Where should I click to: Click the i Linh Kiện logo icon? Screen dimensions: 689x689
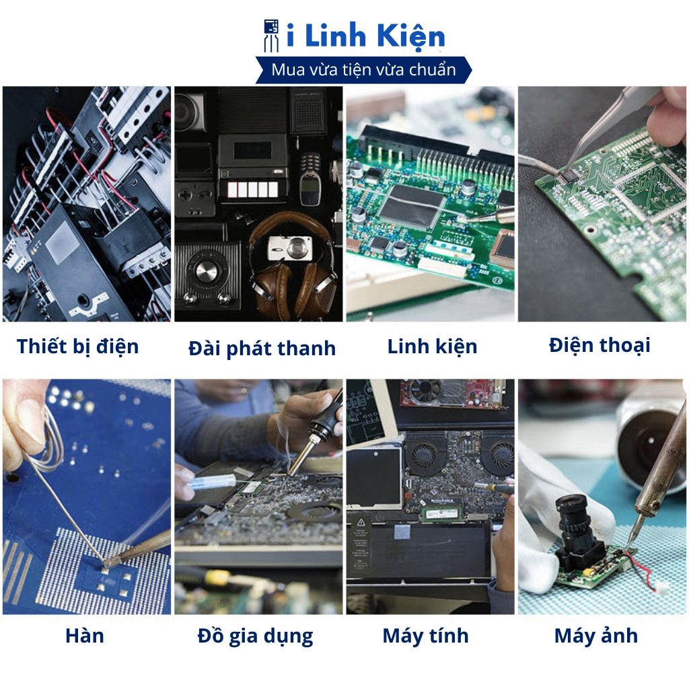[271, 35]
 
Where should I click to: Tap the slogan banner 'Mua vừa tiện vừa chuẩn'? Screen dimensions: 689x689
[363, 70]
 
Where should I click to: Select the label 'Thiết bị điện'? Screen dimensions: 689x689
[78, 347]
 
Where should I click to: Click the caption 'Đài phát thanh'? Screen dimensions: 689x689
[262, 349]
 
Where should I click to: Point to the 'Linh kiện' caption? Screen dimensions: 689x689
[432, 347]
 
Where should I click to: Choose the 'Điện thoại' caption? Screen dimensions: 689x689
[600, 345]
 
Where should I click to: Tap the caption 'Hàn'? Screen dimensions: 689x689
[85, 635]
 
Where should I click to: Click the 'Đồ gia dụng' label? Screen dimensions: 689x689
[255, 637]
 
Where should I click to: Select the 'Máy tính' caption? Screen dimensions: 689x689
[425, 636]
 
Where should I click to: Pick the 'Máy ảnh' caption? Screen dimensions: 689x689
[596, 635]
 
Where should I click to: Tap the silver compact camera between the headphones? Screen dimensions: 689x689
[290, 248]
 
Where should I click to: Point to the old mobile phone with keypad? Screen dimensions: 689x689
[310, 179]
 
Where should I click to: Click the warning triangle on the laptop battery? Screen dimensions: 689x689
[361, 522]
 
